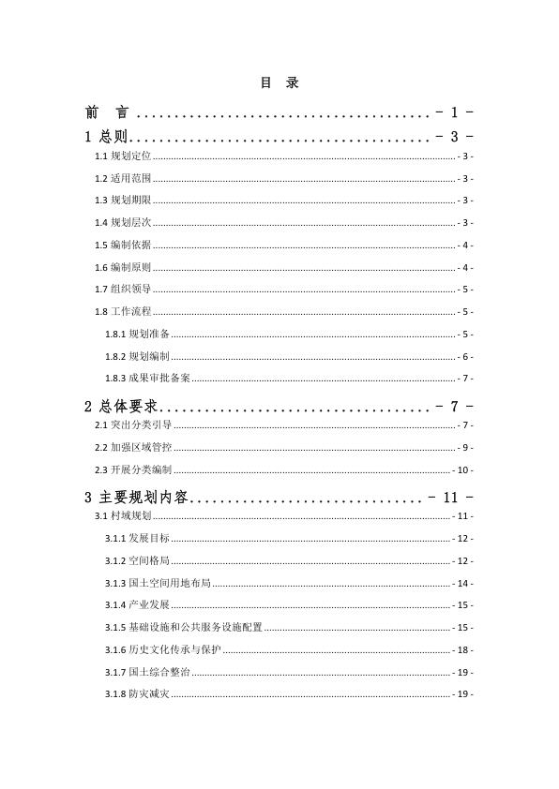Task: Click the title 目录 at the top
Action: [279, 83]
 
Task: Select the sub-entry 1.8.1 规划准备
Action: [137, 335]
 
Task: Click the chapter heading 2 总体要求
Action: [123, 406]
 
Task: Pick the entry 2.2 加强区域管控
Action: [134, 448]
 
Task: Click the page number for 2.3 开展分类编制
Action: [463, 470]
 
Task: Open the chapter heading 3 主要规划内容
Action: [137, 497]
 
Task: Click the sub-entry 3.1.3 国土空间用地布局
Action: [158, 583]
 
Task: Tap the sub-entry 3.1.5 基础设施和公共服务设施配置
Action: [184, 628]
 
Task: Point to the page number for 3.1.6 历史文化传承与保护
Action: [463, 650]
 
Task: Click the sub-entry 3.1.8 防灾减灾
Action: [137, 694]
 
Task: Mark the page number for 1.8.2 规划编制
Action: [465, 357]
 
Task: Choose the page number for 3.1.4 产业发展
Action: [463, 605]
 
